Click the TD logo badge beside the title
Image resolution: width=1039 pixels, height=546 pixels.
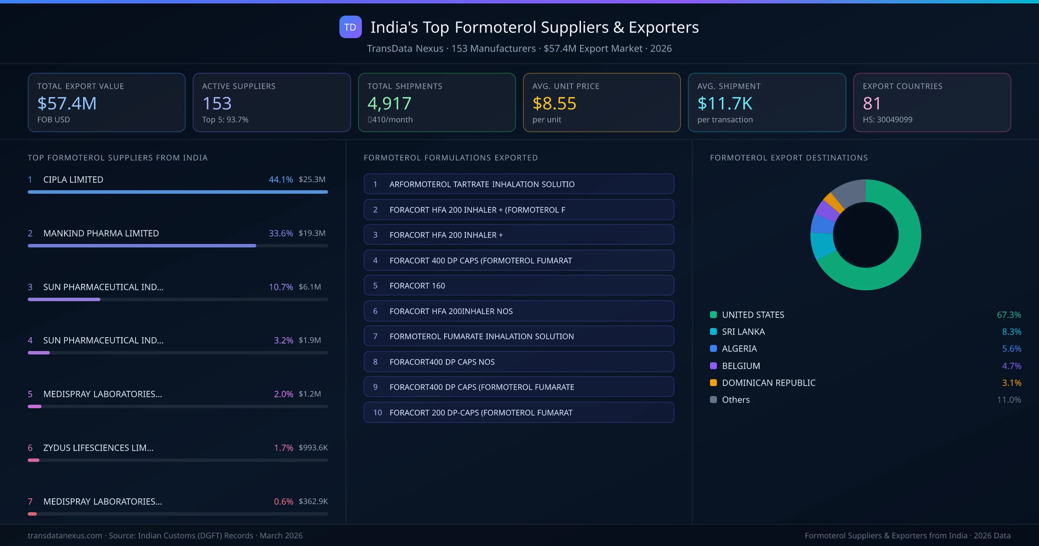click(350, 27)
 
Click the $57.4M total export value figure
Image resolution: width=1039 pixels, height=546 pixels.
click(67, 104)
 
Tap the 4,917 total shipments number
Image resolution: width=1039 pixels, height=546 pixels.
click(389, 104)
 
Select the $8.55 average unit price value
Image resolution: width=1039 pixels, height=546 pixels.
click(554, 104)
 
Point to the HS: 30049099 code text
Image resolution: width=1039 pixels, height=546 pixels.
click(887, 120)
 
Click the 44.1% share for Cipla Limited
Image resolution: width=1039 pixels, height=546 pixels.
click(281, 179)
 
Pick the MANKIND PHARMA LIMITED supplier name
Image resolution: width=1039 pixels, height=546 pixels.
click(101, 233)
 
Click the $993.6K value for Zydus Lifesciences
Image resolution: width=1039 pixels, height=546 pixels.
click(313, 448)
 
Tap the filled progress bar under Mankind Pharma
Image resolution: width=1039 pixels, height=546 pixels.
click(142, 246)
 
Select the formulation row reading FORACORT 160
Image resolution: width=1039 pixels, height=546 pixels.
click(518, 286)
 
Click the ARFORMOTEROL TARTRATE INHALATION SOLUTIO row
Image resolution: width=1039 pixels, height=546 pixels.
click(518, 184)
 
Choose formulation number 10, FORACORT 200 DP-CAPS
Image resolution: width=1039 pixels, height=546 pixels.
click(518, 413)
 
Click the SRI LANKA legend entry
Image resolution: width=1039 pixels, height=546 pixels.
click(743, 332)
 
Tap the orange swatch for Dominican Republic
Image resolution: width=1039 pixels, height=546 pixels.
click(713, 383)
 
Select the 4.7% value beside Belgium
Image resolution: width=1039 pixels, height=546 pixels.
click(1011, 366)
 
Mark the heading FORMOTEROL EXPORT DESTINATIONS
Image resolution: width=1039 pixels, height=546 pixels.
click(789, 158)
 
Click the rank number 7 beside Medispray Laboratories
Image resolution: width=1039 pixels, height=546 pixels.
click(30, 501)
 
